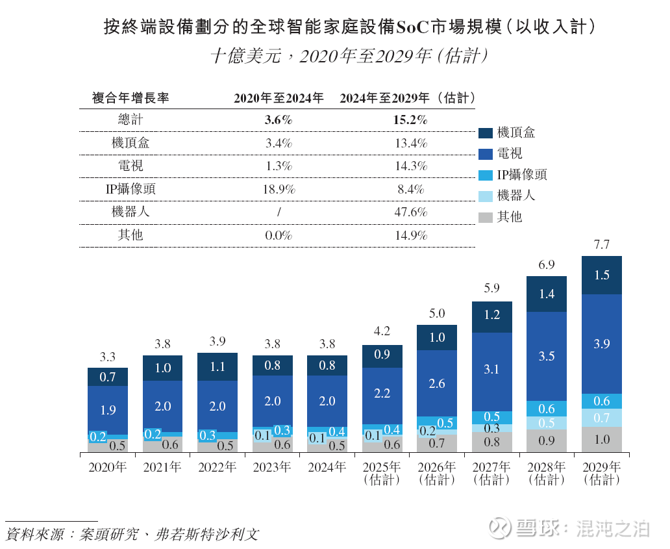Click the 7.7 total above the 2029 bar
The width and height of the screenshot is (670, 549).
click(602, 245)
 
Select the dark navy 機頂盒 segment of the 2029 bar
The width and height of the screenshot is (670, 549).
click(602, 275)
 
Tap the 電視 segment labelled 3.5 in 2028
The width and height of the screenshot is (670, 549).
click(547, 355)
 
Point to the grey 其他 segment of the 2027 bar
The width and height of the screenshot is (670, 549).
click(492, 442)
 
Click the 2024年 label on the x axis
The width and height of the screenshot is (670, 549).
click(327, 467)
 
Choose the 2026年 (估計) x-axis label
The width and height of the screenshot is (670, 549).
click(437, 474)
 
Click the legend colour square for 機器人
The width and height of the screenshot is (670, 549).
click(486, 196)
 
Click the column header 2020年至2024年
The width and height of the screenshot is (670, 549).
click(279, 98)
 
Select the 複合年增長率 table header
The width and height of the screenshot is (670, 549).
click(130, 98)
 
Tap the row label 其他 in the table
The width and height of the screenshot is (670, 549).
click(130, 235)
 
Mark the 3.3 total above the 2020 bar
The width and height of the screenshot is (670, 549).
click(108, 357)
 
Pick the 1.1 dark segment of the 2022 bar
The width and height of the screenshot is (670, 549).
click(217, 366)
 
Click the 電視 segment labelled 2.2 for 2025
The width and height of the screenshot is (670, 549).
click(382, 394)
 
